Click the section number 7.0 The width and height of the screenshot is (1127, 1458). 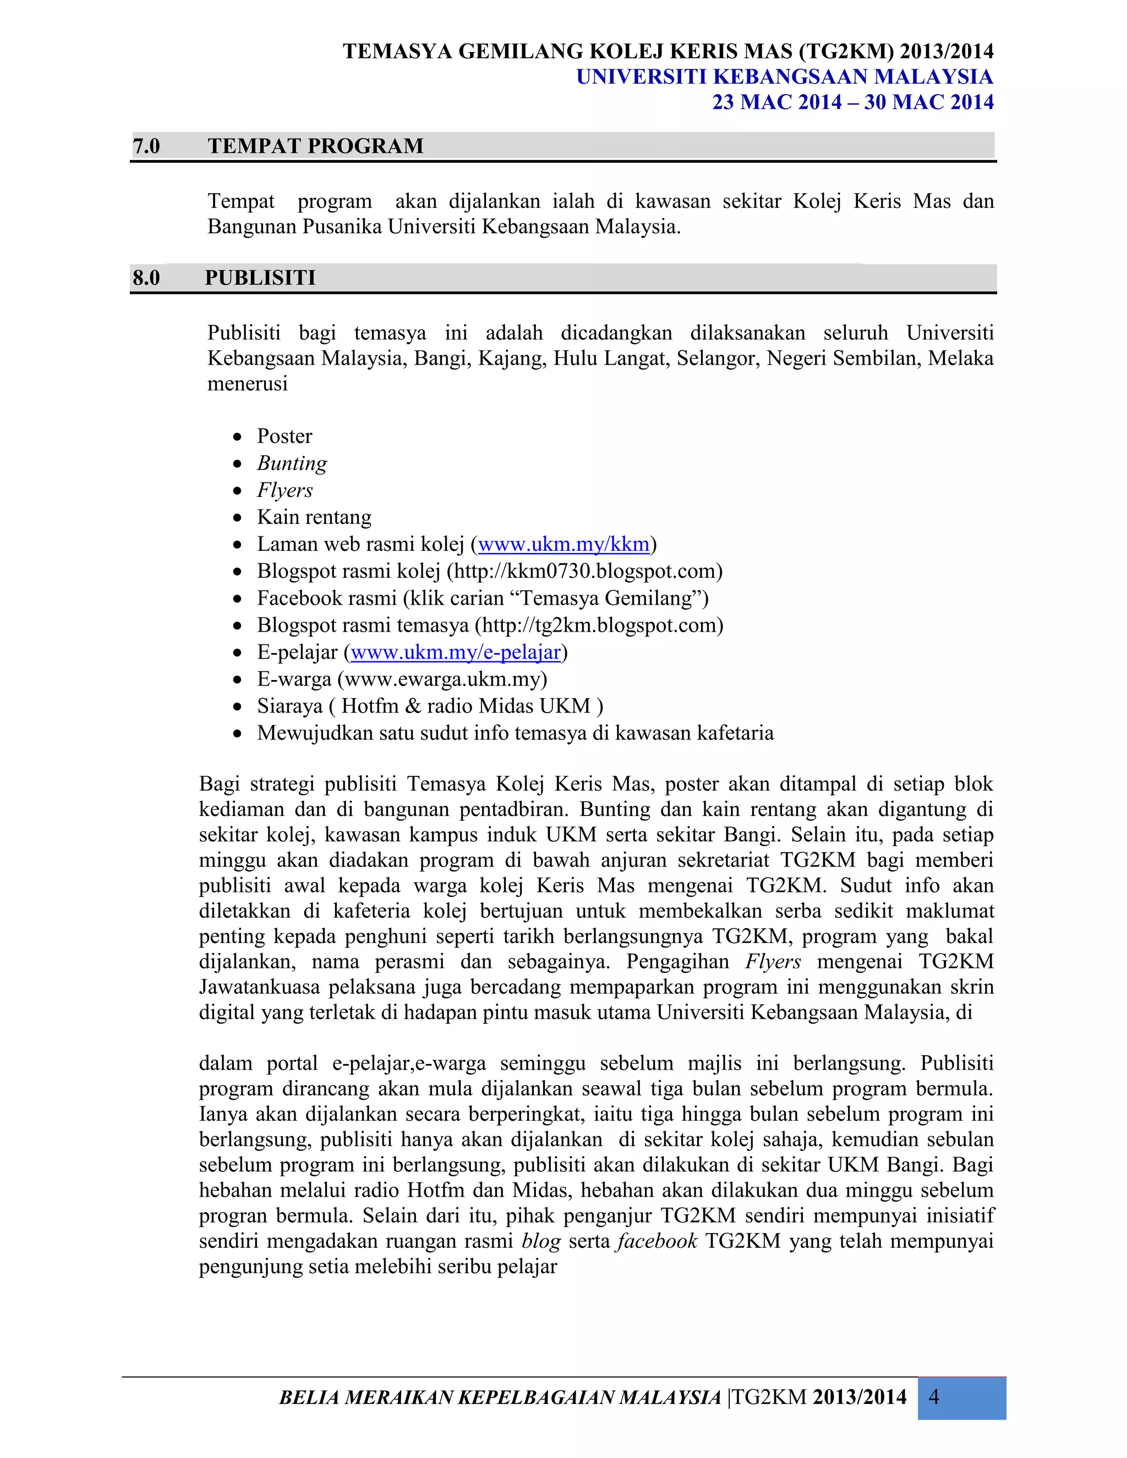pos(146,146)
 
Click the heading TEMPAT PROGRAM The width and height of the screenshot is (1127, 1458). pos(315,146)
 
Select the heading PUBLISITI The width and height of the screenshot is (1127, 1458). pos(260,278)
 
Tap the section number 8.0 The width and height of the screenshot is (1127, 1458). pos(146,278)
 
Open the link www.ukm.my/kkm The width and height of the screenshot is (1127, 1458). pos(563,544)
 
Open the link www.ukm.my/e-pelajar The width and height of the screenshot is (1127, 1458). pos(455,652)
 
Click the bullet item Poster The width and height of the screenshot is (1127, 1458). pos(285,437)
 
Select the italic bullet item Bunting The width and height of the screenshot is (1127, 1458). pos(292,463)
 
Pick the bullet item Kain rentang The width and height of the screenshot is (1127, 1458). pos(314,517)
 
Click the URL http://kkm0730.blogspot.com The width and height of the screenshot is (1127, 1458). pos(585,572)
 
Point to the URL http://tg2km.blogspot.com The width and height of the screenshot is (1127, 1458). pos(599,626)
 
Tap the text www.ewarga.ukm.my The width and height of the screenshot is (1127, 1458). pos(442,679)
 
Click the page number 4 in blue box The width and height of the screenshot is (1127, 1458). pos(934,1397)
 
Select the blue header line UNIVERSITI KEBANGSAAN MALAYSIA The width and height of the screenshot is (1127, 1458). pos(785,77)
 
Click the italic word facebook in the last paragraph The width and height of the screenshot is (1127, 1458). pos(657,1241)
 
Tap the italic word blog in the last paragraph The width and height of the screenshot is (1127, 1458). pos(541,1241)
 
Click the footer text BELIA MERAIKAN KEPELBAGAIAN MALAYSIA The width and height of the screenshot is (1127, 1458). pos(500,1397)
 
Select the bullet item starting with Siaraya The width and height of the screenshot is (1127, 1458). pos(430,706)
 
